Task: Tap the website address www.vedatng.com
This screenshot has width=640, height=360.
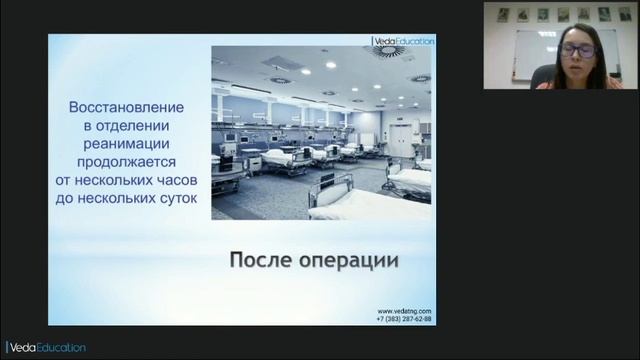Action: (404, 311)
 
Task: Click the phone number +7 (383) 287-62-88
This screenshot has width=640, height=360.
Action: (404, 319)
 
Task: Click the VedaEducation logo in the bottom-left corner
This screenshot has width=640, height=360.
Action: (46, 347)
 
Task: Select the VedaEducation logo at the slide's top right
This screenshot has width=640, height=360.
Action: (404, 41)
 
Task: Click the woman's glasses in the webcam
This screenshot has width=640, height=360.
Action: (577, 49)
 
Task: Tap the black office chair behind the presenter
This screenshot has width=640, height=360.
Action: (542, 76)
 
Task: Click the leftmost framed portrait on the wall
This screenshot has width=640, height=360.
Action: (504, 14)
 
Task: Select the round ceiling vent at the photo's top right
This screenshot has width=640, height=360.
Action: (388, 51)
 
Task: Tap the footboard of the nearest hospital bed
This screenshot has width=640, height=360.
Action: (331, 189)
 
